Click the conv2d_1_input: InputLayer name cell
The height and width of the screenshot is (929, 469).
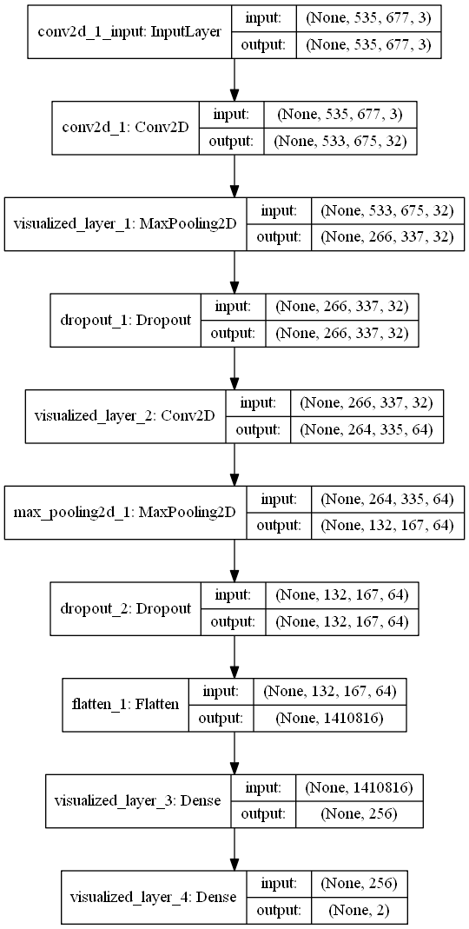129,32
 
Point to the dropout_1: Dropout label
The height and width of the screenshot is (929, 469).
126,321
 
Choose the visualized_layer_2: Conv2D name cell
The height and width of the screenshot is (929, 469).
125,416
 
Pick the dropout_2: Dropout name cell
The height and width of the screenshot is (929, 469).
126,608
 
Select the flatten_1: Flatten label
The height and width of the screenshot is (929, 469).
126,705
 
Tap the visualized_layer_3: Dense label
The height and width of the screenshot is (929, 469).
137,800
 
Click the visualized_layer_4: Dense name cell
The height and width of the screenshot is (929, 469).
153,897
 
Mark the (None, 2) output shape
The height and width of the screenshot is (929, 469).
358,910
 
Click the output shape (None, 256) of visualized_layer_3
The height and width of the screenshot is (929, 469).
358,813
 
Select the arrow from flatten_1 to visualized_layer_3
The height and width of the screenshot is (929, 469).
235,753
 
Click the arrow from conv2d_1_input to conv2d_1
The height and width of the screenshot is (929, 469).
235,81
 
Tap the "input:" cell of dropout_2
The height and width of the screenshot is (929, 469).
232,595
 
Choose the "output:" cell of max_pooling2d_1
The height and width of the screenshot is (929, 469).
279,525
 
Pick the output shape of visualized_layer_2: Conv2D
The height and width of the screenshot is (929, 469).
366,429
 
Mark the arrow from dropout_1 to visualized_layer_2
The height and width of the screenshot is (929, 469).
235,368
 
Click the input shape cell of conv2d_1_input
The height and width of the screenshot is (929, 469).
368,19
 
